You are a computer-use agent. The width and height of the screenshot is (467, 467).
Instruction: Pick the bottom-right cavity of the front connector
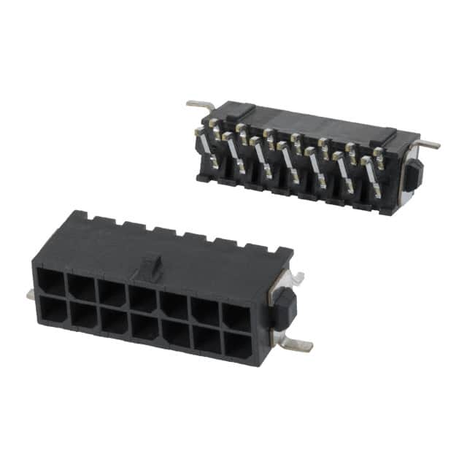coord(236,345)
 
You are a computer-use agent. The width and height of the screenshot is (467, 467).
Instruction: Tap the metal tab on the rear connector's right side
coord(429,144)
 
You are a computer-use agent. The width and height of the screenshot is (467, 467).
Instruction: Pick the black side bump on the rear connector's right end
coord(413,175)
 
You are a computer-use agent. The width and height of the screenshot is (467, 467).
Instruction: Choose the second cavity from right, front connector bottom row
coord(207,339)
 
